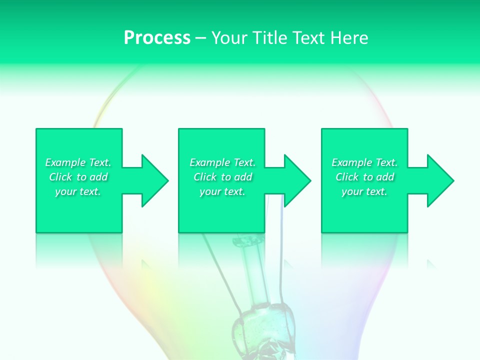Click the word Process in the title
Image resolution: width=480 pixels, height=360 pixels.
pos(157,38)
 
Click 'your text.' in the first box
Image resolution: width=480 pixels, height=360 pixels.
pos(78,191)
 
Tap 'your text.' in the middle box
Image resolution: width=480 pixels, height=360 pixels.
pos(222,191)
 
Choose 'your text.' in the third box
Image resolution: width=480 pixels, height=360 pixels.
pos(364,191)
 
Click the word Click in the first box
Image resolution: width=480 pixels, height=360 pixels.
pos(60,177)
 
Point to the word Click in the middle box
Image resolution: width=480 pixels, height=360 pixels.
pos(205,177)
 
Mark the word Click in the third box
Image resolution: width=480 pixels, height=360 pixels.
pos(347,177)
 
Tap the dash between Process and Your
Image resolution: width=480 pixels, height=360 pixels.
pos(200,38)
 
